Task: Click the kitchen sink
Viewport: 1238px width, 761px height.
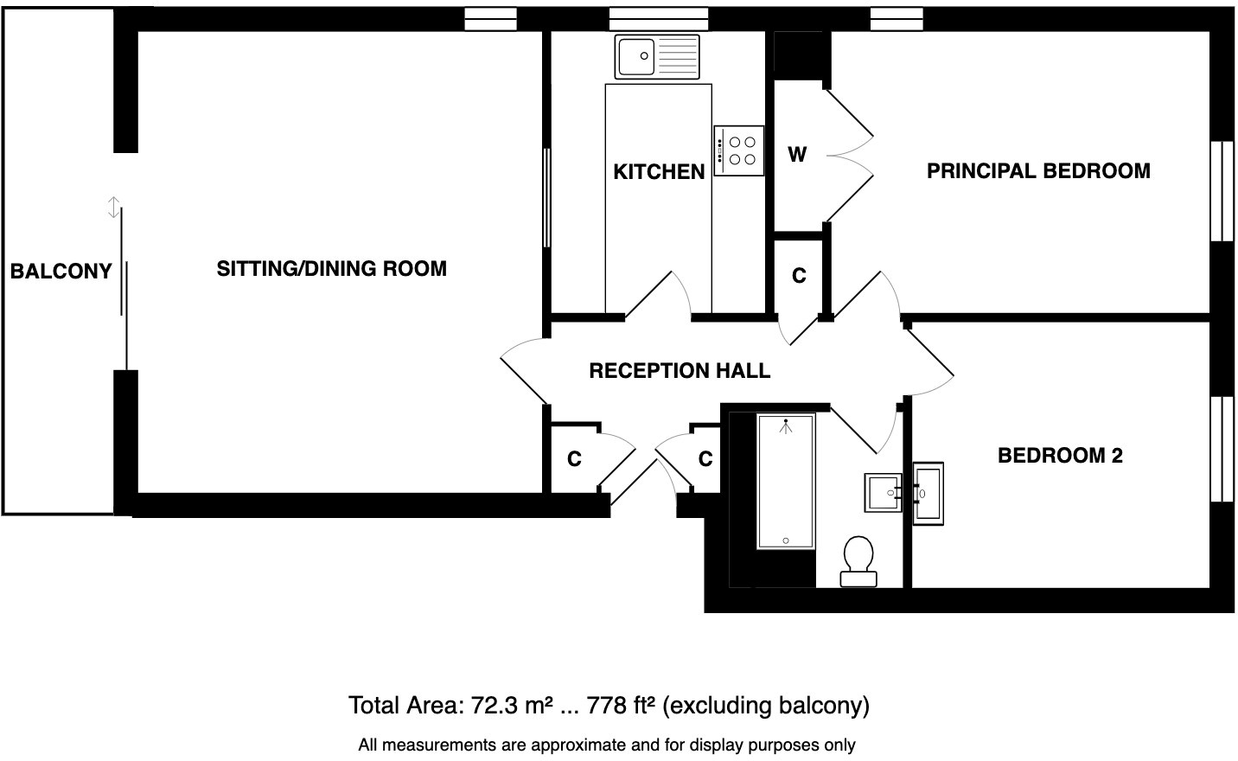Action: (657, 57)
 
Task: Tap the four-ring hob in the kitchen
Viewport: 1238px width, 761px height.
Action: (739, 150)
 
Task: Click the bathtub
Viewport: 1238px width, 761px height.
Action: (786, 481)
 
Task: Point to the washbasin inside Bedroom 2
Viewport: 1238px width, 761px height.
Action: (928, 493)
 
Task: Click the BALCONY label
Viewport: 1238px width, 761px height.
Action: (61, 272)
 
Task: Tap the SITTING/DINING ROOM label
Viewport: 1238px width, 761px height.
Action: (331, 269)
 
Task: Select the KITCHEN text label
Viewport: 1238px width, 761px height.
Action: (659, 172)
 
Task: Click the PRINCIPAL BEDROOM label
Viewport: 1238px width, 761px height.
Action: (1038, 171)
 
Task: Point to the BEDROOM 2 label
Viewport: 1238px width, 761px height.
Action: (1060, 456)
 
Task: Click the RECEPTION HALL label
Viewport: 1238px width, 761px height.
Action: (680, 371)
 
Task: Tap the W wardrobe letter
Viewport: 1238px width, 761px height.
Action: (797, 155)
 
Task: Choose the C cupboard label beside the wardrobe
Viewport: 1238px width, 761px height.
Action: (799, 276)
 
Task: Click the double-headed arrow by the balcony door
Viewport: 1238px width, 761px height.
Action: (112, 208)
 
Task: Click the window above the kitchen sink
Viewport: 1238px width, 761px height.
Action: (658, 19)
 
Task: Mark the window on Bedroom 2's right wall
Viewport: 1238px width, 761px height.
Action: (1222, 449)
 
